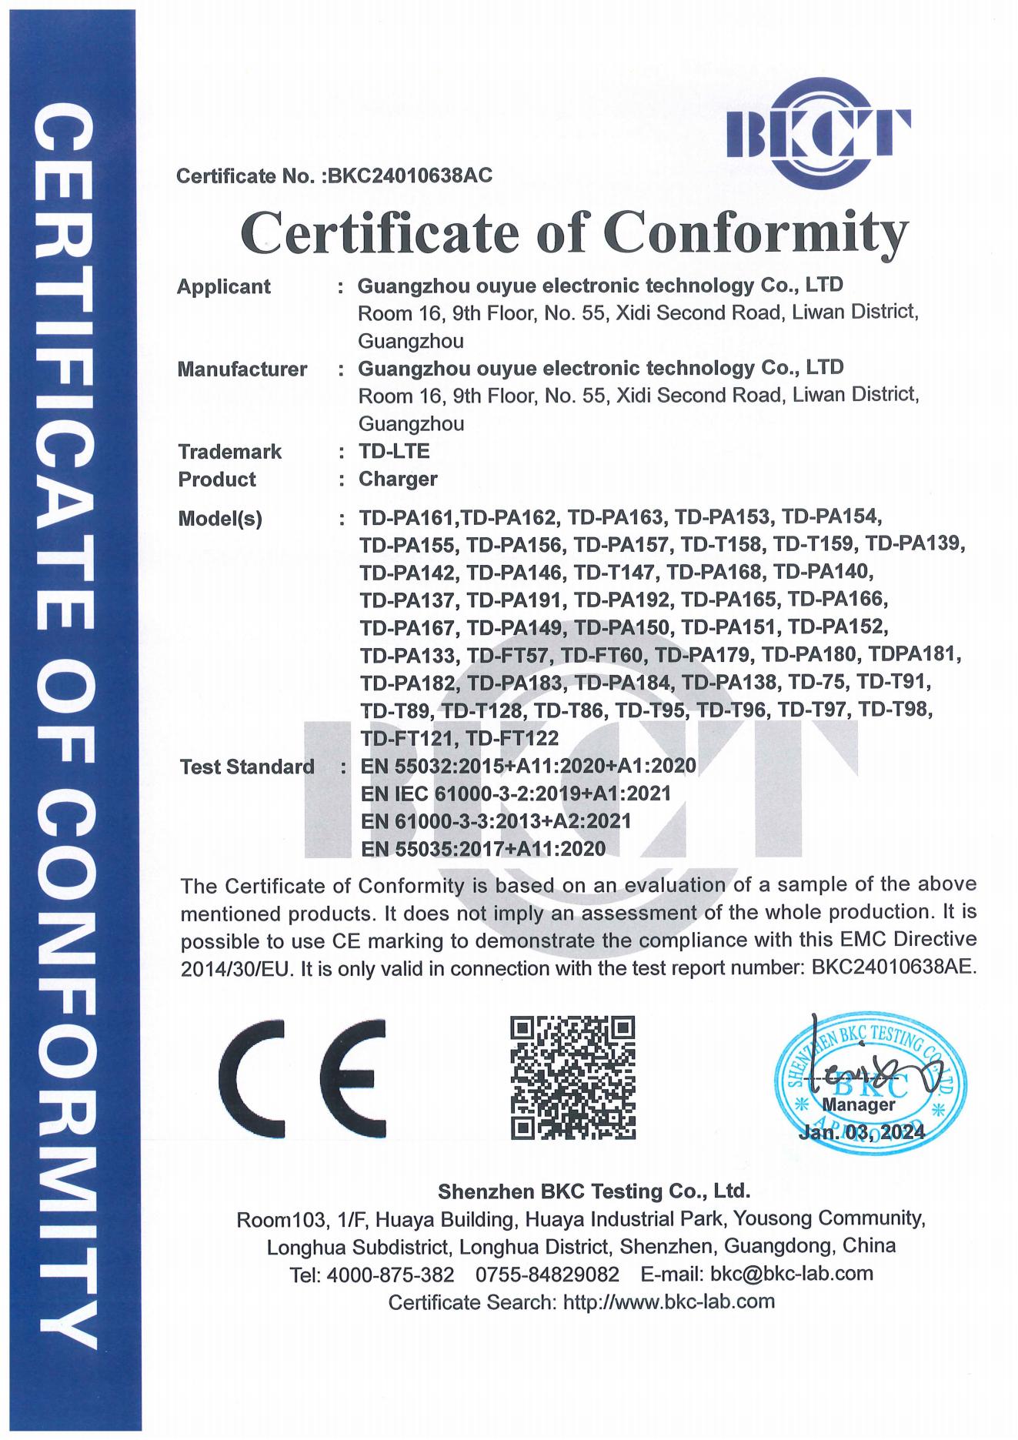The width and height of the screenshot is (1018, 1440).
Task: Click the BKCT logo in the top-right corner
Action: [818, 130]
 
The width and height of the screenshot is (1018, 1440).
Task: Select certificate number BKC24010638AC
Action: [410, 176]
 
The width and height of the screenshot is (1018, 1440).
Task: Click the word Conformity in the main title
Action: [756, 232]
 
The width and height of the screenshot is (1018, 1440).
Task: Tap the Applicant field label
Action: [224, 287]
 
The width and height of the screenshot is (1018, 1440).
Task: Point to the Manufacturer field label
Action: [242, 369]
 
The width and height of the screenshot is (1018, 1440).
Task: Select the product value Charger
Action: [398, 479]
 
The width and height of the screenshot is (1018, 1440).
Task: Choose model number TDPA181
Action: [915, 655]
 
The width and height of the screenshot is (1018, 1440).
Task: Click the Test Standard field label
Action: [246, 767]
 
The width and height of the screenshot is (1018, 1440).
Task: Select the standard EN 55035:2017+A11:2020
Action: [483, 848]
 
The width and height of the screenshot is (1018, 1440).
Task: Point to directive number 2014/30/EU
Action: [238, 969]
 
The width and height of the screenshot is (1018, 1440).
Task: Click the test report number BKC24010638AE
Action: [893, 967]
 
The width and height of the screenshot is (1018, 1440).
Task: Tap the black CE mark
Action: [302, 1077]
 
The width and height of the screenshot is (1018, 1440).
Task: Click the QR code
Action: [574, 1077]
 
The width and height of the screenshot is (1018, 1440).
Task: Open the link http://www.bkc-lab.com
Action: [669, 1302]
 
